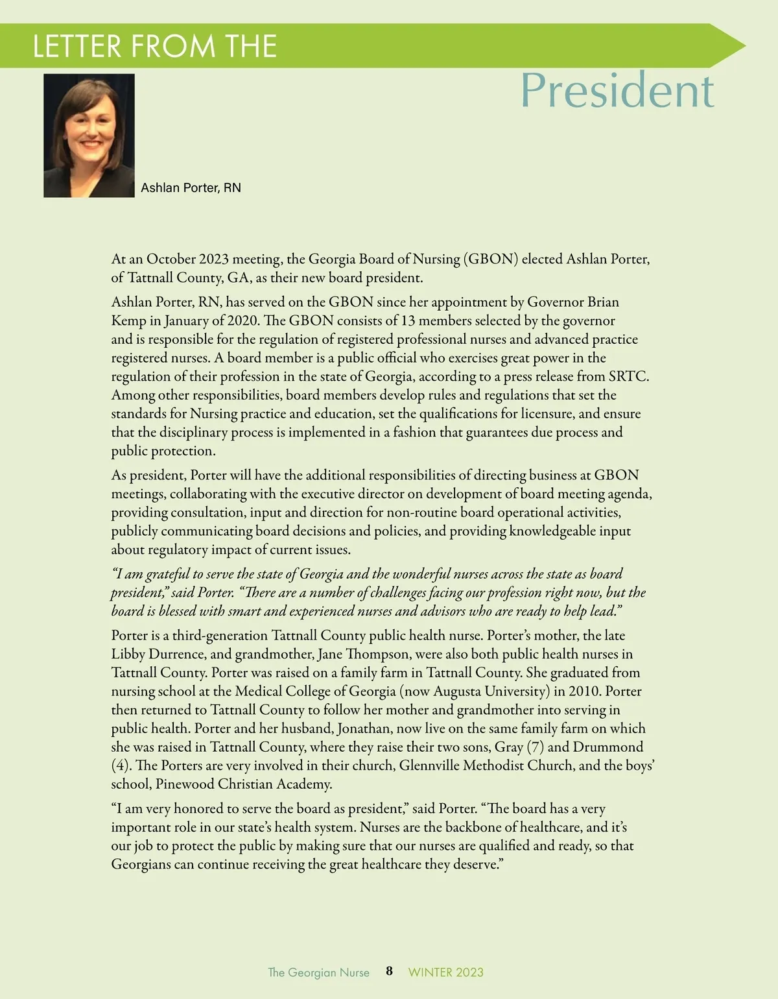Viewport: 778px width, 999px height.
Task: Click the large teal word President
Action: click(617, 90)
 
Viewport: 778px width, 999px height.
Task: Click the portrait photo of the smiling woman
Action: click(89, 135)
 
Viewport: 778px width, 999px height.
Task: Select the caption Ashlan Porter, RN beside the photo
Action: click(191, 187)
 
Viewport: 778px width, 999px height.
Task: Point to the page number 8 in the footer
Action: click(389, 971)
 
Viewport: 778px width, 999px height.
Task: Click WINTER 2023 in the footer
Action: click(445, 972)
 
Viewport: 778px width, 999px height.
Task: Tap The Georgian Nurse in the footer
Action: click(318, 972)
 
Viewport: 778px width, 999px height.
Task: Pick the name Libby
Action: click(128, 654)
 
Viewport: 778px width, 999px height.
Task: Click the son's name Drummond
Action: click(607, 747)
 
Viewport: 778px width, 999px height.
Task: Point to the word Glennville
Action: click(431, 765)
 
